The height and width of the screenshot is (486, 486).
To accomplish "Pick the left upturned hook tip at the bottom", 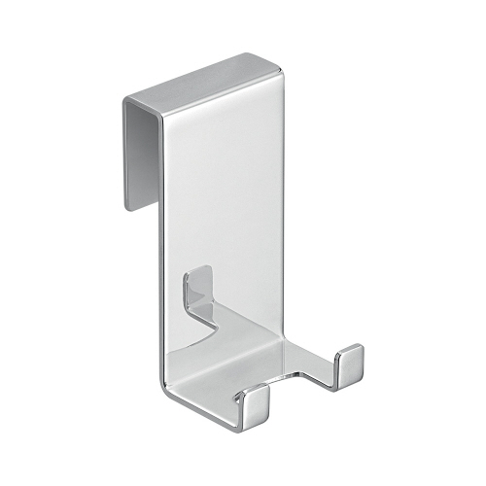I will (x=256, y=400).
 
